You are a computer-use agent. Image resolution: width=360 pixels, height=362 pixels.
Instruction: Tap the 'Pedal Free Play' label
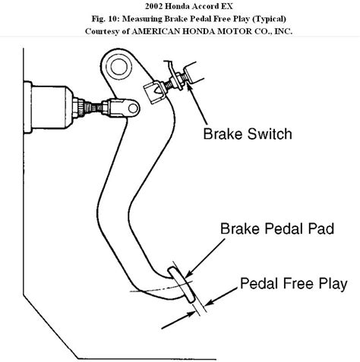294,285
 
